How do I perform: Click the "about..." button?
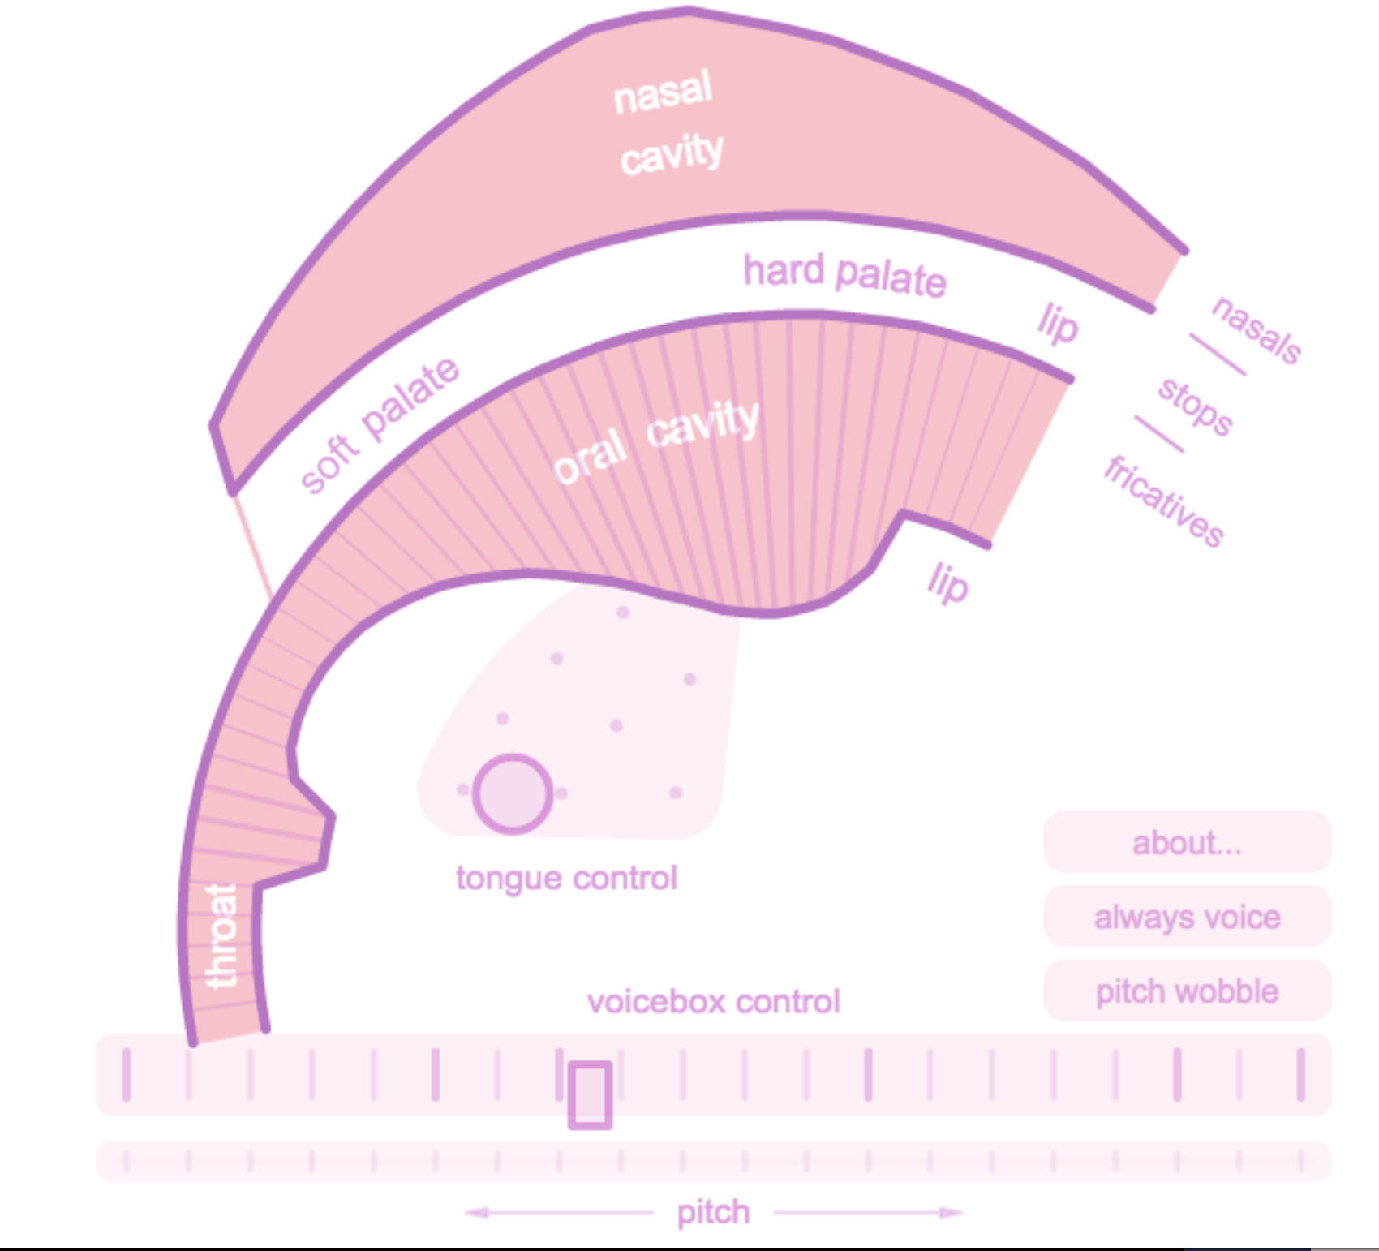[1187, 843]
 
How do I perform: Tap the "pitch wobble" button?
[1187, 991]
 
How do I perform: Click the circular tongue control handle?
[513, 794]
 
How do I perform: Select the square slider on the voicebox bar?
[590, 1094]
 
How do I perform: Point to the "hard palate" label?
[844, 275]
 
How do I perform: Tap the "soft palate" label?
[379, 425]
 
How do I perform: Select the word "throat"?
[221, 935]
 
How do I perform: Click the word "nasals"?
[1256, 329]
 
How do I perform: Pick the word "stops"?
[1195, 406]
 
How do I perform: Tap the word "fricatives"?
[1164, 501]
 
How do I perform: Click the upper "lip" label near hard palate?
[1057, 324]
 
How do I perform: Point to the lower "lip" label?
[947, 583]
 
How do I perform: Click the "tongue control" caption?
[566, 878]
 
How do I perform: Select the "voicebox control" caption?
[713, 1002]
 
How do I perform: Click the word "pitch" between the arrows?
[713, 1212]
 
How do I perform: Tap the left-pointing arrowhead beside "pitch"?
[475, 1213]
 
